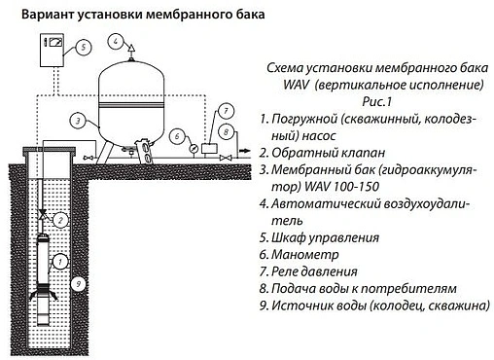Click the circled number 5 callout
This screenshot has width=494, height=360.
[85, 46]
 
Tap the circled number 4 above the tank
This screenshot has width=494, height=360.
[116, 41]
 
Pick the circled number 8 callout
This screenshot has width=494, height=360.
[225, 130]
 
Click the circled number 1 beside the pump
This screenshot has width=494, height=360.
[60, 260]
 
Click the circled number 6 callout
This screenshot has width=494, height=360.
[177, 137]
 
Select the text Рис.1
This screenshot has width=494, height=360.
[373, 101]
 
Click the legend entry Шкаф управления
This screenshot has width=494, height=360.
[332, 236]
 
